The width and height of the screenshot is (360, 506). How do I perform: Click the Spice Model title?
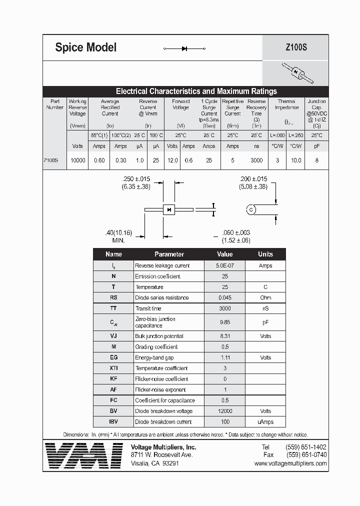tap(85, 47)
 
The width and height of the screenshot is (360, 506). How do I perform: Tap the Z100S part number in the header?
tap(296, 48)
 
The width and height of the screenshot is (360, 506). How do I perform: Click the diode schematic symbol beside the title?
tap(184, 48)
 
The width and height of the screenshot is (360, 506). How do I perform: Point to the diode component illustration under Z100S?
tap(297, 73)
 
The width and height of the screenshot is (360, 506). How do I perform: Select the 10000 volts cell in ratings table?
tap(78, 160)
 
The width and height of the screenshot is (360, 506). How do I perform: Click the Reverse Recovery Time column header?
tap(256, 110)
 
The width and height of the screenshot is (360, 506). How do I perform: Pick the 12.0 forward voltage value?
tap(172, 160)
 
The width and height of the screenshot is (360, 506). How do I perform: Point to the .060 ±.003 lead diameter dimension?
tap(235, 236)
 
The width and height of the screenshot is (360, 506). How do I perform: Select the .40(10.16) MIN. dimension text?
tap(118, 236)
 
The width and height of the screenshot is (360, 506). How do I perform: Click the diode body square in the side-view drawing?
tap(169, 209)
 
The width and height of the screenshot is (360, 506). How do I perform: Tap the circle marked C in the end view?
tap(251, 209)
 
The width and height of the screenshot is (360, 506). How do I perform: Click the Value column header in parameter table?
tap(224, 254)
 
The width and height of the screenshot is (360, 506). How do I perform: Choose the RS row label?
tap(113, 297)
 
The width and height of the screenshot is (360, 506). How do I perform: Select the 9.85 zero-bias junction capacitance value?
tap(224, 322)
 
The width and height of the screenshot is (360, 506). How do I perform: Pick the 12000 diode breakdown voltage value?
tap(224, 411)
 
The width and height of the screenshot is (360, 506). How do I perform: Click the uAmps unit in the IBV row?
tap(265, 421)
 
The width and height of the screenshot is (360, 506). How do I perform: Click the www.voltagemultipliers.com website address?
tap(290, 463)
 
